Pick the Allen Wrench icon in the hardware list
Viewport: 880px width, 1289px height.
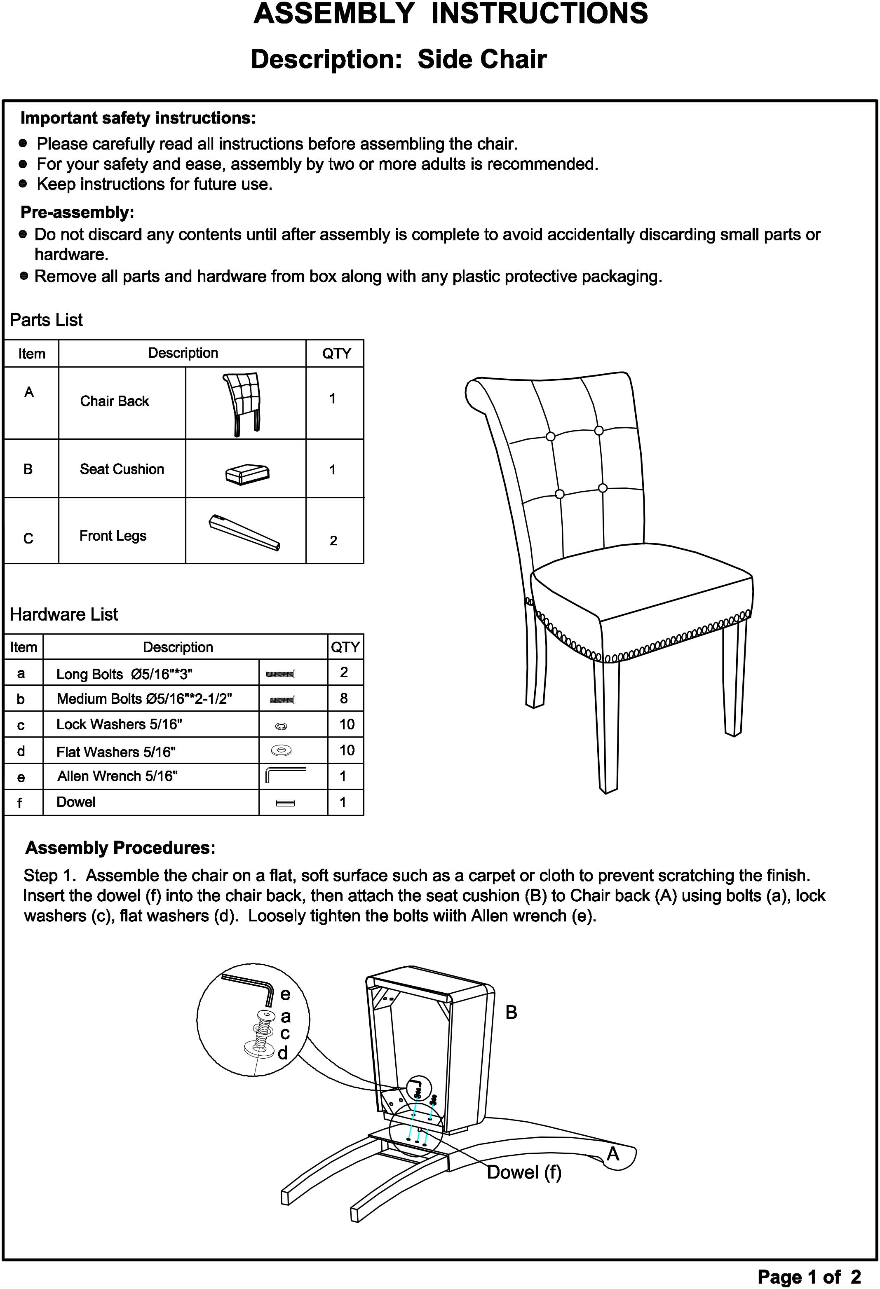tap(285, 775)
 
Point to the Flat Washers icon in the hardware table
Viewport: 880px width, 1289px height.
tap(281, 750)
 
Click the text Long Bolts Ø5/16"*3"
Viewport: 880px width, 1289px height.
tap(124, 674)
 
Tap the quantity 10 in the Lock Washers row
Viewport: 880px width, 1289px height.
tap(347, 724)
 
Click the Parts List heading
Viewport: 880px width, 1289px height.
tap(47, 320)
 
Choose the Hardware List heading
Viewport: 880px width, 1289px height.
tap(64, 614)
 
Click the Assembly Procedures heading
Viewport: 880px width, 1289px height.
tap(120, 848)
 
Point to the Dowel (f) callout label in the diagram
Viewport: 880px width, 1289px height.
tap(524, 1172)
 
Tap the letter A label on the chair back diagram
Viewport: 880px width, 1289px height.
tap(612, 1154)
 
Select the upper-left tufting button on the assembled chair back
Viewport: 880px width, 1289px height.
tap(550, 436)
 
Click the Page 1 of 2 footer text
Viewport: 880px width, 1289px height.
tap(809, 1277)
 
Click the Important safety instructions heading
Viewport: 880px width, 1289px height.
tap(138, 118)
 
